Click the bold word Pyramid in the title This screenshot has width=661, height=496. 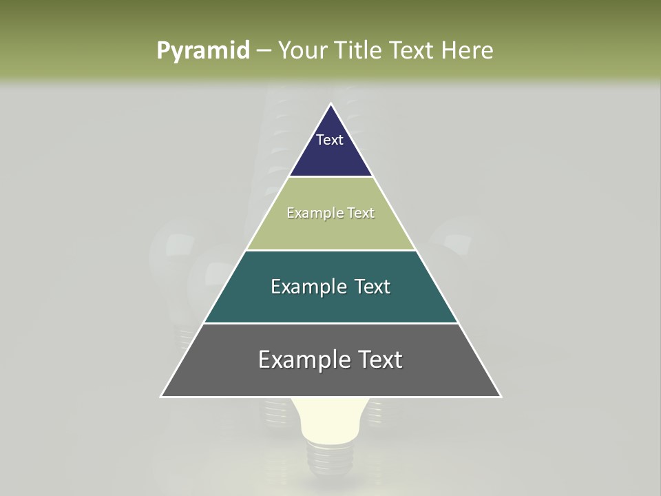(202, 51)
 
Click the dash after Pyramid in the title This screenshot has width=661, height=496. (264, 51)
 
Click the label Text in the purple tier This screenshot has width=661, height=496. (330, 140)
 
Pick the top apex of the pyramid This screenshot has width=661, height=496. (331, 104)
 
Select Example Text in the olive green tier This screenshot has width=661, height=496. (330, 213)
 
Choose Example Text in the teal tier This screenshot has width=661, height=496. (330, 287)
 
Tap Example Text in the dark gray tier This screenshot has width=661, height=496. (330, 360)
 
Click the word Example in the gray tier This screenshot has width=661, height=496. (299, 360)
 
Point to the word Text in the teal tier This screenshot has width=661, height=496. (373, 287)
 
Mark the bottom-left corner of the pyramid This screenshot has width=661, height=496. (162, 396)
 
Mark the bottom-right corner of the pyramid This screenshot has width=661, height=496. (500, 396)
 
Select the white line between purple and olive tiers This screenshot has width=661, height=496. (331, 177)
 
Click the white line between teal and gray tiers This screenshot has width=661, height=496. (331, 323)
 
